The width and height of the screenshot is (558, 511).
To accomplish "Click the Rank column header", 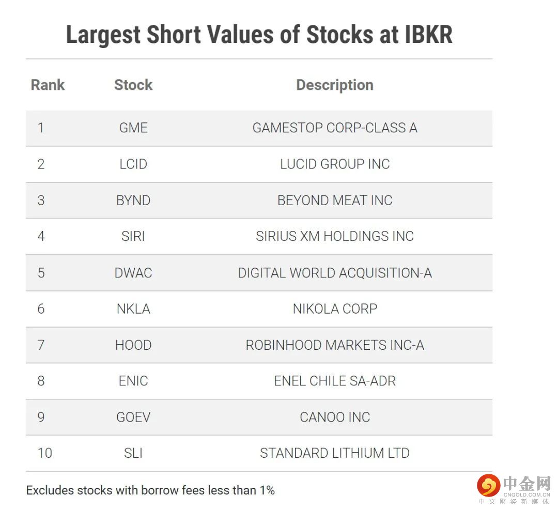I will click(48, 85).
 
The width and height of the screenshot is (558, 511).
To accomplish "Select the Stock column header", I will click(133, 85).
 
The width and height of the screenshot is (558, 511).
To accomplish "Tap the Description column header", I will click(335, 85).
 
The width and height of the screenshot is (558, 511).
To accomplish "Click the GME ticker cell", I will click(133, 128).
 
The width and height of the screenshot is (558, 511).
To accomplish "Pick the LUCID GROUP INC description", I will click(335, 164).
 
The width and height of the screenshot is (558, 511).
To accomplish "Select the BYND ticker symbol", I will click(133, 200).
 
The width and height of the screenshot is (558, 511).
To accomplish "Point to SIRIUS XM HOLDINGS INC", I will click(335, 236).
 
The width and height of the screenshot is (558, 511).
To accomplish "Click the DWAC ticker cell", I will click(133, 272).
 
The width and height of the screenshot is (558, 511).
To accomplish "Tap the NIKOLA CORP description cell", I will click(335, 308).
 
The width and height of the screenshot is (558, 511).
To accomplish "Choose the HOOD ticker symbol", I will click(133, 345).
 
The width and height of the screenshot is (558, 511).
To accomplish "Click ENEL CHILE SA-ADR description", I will click(335, 381).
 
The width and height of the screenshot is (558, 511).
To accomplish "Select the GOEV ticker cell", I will click(133, 417).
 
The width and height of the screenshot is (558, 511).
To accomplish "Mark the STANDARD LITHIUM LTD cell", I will click(335, 453).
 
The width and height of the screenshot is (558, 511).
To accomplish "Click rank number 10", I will click(44, 453).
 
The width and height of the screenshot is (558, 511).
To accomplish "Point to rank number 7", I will click(41, 345).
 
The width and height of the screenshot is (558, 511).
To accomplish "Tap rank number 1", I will click(41, 128).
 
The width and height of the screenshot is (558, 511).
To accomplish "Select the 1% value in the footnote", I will click(267, 490).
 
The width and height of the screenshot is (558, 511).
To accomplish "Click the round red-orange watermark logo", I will click(488, 486).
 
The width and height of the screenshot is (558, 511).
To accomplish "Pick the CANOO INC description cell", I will click(335, 417).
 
